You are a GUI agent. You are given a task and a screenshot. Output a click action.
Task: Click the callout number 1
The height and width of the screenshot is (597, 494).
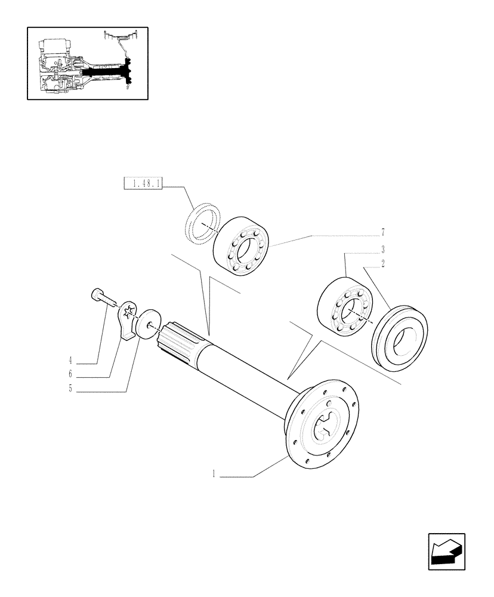point(214,476)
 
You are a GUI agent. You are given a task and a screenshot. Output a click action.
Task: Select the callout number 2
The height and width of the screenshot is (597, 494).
point(382,263)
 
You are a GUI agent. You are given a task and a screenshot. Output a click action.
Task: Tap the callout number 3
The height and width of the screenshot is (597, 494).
point(382,249)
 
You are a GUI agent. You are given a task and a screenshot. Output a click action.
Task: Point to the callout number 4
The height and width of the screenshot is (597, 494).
point(70,362)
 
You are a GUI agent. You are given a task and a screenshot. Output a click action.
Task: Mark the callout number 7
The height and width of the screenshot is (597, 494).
point(382,232)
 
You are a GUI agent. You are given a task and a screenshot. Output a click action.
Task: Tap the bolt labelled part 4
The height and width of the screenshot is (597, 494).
point(100,296)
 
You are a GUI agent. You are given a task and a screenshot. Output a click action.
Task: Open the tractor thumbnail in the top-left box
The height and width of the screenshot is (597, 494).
point(87,63)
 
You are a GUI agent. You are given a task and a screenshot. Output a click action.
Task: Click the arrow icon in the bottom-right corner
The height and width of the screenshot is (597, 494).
point(446,552)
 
